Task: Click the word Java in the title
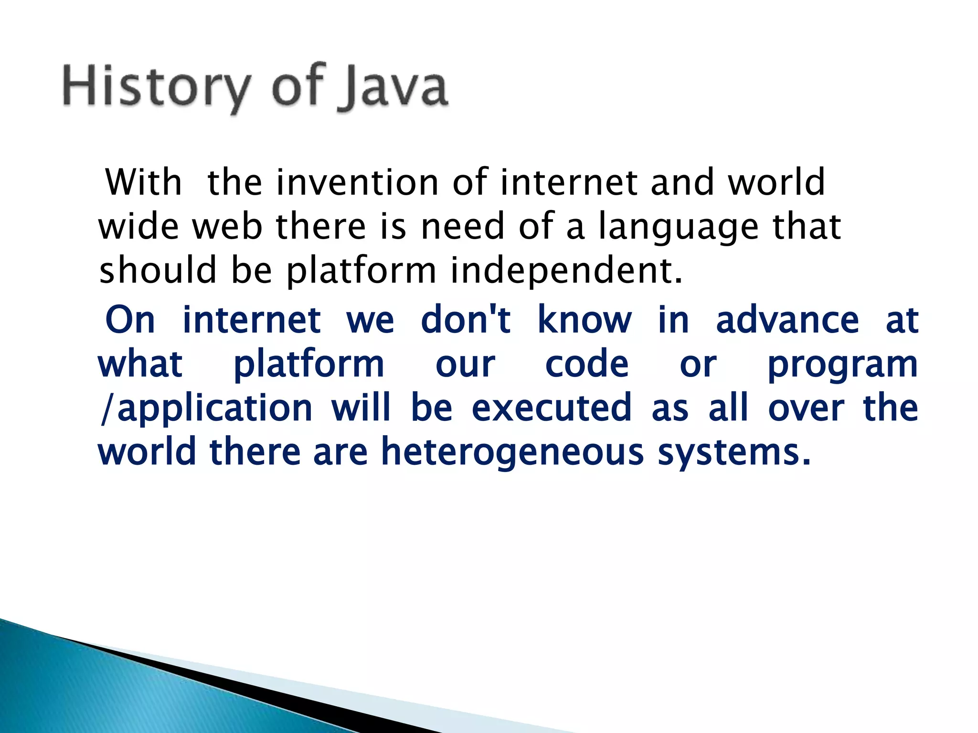pyautogui.click(x=392, y=87)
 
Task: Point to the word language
pyautogui.click(x=678, y=227)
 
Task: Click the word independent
pyautogui.click(x=566, y=271)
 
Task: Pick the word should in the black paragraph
pyautogui.click(x=158, y=270)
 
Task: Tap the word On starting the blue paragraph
pyautogui.click(x=130, y=320)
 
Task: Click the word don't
pyautogui.click(x=466, y=320)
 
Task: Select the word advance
pyautogui.click(x=787, y=320)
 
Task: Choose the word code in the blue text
pyautogui.click(x=587, y=364)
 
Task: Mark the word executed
pyautogui.click(x=552, y=408)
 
